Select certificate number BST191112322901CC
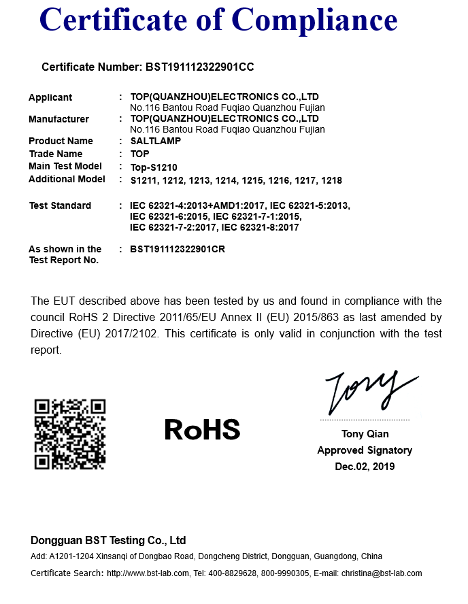click(200, 67)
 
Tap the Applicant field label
click(50, 97)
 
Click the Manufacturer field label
click(58, 119)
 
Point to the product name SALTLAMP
click(156, 141)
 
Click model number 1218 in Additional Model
click(331, 180)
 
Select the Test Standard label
click(60, 205)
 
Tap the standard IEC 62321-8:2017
click(261, 227)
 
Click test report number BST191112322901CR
click(177, 249)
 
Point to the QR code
click(70, 434)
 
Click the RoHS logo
click(202, 429)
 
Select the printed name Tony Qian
click(365, 434)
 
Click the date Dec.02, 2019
click(365, 467)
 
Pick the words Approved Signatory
click(365, 450)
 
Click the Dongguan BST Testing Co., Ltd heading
click(108, 541)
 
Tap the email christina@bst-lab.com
click(382, 573)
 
